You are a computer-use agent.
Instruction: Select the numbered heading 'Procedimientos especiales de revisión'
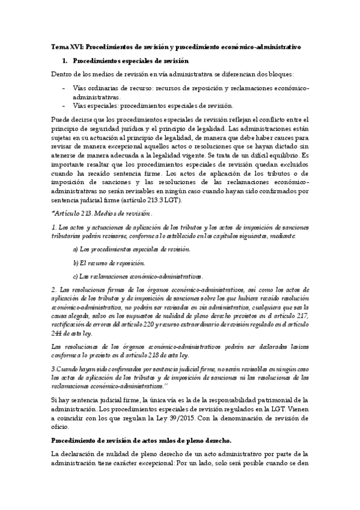coord(130,61)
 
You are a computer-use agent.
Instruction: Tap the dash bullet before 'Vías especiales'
coord(64,105)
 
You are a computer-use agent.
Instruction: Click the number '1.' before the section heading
coord(66,61)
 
